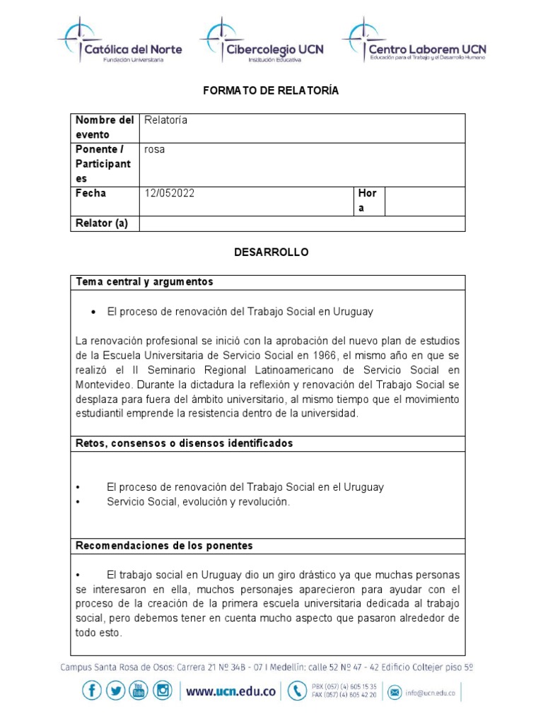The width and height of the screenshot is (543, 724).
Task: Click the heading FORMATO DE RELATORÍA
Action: pos(271,90)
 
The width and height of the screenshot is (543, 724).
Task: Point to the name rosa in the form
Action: pos(154,150)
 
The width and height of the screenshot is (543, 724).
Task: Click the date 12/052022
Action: pos(169,193)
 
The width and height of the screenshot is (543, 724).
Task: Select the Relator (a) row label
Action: pos(102,223)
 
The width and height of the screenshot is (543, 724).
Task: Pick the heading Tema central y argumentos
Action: pos(144,282)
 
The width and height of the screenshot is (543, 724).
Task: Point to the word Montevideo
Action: pos(105,385)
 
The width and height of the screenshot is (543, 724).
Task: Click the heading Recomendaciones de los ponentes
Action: pos(164,546)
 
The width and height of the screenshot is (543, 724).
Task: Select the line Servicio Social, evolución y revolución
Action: pos(198,501)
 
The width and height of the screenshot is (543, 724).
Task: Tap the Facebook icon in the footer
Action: pos(92,691)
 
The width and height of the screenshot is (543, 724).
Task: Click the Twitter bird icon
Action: pos(116,691)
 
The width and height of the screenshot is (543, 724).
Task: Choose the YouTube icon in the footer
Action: pos(139,691)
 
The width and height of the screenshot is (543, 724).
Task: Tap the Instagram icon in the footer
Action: pos(163,691)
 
